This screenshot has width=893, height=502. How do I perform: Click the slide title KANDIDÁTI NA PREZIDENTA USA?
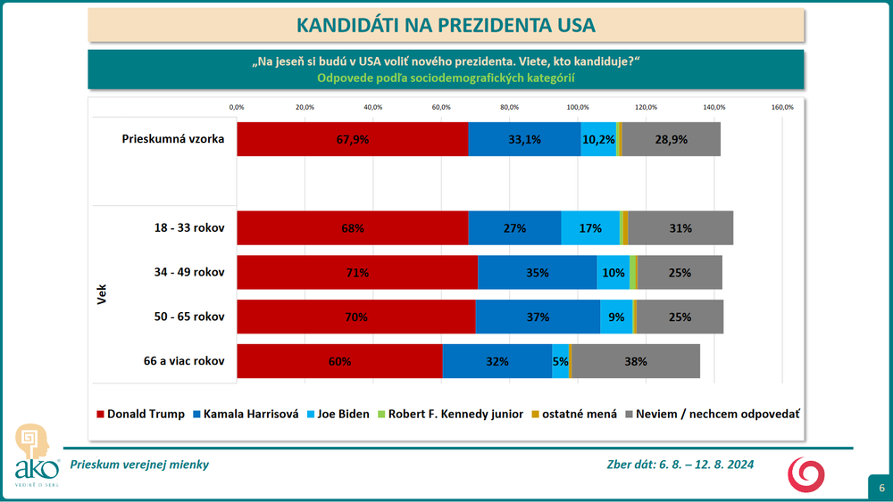pos(446,23)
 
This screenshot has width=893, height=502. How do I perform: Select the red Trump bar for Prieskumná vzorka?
pos(352,139)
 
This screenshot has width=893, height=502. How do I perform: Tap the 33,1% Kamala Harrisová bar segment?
pos(524,139)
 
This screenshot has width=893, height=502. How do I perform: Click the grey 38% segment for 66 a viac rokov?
pos(636,362)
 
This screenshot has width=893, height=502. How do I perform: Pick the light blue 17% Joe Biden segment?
pos(589,228)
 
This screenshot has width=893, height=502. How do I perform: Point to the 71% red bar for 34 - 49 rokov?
pos(357,273)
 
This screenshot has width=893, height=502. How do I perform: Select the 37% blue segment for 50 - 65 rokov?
pos(538,317)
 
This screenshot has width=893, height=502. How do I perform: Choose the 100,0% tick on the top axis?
pos(578,107)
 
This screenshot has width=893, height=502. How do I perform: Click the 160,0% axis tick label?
pos(782,107)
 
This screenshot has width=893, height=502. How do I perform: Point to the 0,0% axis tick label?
pos(237,107)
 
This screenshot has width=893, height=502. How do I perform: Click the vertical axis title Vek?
pos(101,294)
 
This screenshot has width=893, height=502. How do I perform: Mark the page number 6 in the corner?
pos(880,488)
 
